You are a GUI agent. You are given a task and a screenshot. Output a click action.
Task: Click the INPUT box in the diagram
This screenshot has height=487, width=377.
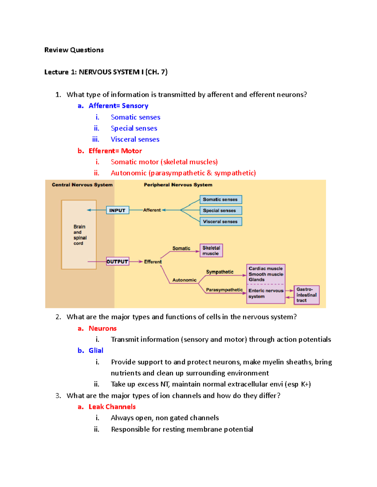click(x=117, y=210)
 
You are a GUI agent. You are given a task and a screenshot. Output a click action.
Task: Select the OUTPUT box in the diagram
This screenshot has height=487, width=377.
click(x=117, y=262)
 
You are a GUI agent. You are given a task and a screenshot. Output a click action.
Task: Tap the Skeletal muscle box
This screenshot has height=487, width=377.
click(x=211, y=251)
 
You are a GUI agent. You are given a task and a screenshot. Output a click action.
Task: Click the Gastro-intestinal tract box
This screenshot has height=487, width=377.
click(x=306, y=295)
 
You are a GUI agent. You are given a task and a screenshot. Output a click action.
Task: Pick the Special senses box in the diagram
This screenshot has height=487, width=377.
click(x=221, y=210)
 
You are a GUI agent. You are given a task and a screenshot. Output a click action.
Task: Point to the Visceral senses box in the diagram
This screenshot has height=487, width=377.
click(x=221, y=221)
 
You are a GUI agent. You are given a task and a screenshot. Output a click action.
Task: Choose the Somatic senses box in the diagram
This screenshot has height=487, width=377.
click(x=221, y=199)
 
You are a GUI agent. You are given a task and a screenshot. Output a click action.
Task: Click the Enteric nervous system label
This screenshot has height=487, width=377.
click(x=266, y=294)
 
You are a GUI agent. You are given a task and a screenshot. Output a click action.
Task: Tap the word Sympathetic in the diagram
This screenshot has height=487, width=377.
click(x=220, y=272)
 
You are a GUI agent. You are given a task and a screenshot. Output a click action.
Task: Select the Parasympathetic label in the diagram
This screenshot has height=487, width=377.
click(x=224, y=290)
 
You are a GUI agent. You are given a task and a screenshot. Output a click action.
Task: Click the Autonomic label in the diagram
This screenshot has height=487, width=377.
click(x=184, y=280)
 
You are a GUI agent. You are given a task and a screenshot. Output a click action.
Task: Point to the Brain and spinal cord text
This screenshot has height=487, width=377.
click(x=79, y=235)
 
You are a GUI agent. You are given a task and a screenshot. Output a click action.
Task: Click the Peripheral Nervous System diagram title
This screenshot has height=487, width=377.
click(x=178, y=185)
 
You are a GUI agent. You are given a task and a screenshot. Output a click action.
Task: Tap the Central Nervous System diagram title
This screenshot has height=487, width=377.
click(x=82, y=185)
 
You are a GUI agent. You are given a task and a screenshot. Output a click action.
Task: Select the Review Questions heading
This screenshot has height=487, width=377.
click(x=74, y=50)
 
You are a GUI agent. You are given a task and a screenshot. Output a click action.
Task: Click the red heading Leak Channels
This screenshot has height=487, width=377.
click(x=112, y=407)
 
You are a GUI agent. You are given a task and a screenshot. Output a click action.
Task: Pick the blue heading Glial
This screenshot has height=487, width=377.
click(x=96, y=350)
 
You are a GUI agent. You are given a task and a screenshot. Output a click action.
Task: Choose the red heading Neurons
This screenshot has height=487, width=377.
click(x=102, y=328)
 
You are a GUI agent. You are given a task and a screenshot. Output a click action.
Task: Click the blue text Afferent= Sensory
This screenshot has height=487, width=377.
click(x=118, y=106)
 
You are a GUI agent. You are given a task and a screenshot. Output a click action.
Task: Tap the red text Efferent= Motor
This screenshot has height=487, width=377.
click(x=115, y=151)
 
